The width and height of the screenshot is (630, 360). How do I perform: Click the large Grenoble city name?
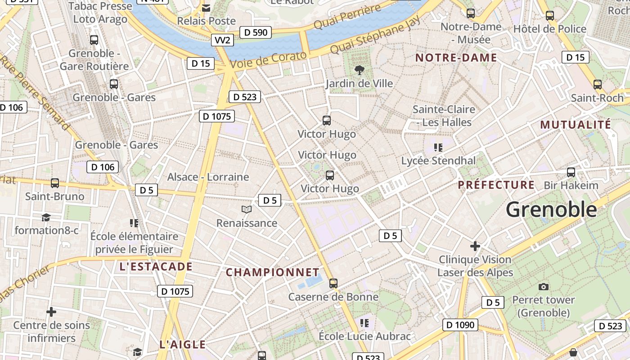tap(551, 210)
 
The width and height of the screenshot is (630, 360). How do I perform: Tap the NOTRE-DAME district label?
tap(456, 58)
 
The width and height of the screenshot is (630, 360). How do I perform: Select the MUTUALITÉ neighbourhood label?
tap(576, 125)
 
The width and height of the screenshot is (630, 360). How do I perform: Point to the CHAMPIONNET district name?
tap(272, 272)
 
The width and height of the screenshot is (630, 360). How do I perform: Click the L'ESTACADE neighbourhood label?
tap(156, 266)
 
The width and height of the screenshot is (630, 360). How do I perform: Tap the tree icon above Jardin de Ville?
tap(359, 70)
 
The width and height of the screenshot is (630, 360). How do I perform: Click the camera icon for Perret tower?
tap(544, 287)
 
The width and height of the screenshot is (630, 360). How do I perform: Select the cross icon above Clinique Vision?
tap(475, 246)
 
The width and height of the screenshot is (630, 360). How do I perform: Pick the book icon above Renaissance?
tap(246, 209)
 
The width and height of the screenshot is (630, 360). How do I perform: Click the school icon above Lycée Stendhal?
tap(438, 147)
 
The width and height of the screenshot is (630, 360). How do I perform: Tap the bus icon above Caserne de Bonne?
tap(333, 283)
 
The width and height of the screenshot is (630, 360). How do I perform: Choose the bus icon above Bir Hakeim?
tap(571, 172)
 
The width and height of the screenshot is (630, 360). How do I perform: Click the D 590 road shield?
tap(255, 32)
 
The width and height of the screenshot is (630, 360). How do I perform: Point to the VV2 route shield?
tap(222, 40)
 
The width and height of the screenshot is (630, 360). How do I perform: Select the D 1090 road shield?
tap(460, 324)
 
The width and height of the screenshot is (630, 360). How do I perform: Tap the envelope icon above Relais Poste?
tap(206, 8)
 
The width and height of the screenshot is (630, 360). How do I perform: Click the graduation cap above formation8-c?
tap(46, 218)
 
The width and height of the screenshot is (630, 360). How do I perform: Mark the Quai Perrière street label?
tap(347, 17)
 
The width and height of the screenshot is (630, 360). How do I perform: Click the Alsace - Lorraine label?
tap(208, 177)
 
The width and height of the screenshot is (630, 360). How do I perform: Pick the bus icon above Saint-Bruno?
tap(55, 183)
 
